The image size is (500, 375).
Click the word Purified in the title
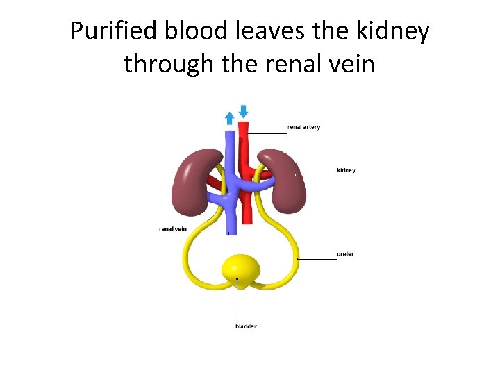(x=113, y=31)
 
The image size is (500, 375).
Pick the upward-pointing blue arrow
(x=229, y=118)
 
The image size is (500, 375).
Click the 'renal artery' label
(x=303, y=127)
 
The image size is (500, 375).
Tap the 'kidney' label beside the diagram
(x=346, y=170)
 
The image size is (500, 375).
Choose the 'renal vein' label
(x=173, y=228)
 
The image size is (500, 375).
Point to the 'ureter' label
(x=345, y=254)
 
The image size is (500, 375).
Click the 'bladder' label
(x=246, y=326)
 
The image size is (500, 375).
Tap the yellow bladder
(x=240, y=269)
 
